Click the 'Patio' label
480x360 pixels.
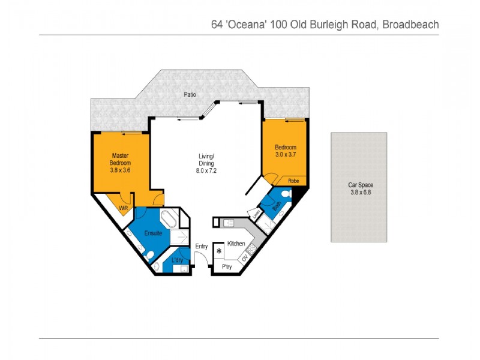click(x=191, y=95)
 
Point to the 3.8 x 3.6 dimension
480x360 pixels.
click(x=120, y=170)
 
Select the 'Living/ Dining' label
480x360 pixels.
click(x=206, y=160)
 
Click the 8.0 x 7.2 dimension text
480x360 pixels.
click(x=206, y=170)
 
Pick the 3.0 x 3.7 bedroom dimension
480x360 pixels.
click(x=286, y=155)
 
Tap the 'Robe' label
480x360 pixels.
click(x=293, y=181)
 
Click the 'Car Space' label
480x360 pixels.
click(x=361, y=185)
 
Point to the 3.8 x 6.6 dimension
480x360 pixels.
click(x=361, y=192)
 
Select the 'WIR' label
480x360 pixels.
click(x=124, y=208)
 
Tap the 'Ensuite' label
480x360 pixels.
click(x=152, y=233)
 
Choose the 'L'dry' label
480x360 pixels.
click(x=177, y=260)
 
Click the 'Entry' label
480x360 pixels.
click(x=202, y=247)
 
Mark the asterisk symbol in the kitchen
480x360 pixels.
click(x=220, y=251)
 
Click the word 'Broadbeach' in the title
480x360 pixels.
click(x=410, y=25)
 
